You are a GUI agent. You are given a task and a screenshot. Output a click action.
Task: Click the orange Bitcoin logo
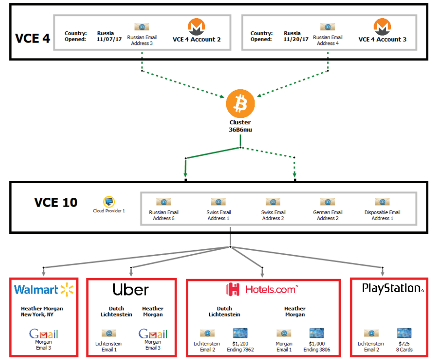(240, 104)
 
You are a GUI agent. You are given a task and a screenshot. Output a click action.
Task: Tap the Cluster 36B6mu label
(240, 126)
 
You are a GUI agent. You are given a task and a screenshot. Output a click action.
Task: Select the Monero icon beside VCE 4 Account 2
(197, 27)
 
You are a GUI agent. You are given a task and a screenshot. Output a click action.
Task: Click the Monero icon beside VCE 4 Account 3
(382, 27)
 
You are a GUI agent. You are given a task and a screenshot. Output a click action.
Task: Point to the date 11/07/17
(109, 39)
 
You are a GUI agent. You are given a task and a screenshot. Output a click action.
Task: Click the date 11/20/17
(295, 39)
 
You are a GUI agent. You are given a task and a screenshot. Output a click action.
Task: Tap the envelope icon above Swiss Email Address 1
(219, 202)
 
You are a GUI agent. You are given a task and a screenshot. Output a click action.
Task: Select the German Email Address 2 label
(327, 215)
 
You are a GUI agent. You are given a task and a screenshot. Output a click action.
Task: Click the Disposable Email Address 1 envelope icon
(382, 202)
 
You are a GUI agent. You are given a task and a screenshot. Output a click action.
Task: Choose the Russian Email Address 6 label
(163, 215)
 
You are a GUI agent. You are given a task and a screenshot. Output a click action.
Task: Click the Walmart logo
(44, 290)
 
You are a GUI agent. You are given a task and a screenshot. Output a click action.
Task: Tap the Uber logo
(131, 290)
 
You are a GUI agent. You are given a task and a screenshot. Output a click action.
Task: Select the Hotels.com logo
(262, 290)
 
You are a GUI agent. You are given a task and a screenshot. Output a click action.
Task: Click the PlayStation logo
(392, 288)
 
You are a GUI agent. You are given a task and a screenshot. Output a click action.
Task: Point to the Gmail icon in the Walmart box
(43, 333)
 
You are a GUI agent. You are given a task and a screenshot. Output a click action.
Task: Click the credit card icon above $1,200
(240, 333)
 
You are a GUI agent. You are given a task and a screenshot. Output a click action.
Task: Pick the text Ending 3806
(317, 350)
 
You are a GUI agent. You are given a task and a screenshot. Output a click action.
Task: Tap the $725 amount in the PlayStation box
(404, 344)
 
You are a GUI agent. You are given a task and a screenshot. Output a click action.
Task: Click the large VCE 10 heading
(56, 202)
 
